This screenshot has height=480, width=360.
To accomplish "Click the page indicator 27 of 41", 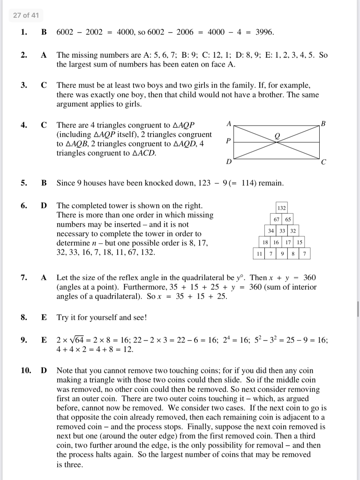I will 26,15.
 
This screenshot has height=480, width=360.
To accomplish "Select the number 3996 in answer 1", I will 264,32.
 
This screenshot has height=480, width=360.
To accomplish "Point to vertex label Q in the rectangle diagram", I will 277,135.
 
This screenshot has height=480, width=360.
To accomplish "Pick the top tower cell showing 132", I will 281,208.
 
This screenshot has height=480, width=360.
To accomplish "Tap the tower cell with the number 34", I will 271,231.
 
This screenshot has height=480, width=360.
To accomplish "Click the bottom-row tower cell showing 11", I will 258,254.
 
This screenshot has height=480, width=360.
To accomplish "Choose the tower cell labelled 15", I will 300,242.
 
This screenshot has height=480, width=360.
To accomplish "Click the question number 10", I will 25,370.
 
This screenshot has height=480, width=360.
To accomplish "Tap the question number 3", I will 23,85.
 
